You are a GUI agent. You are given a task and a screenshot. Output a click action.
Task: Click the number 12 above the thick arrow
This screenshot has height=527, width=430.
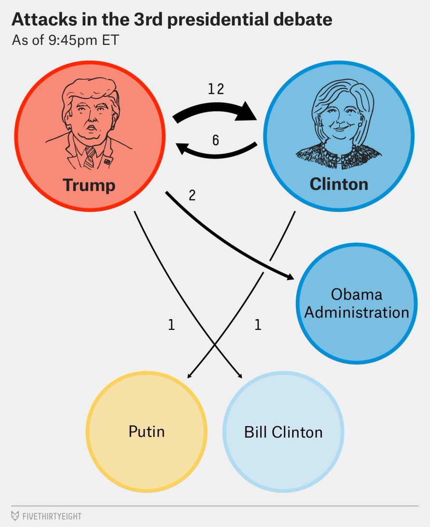coord(216,89)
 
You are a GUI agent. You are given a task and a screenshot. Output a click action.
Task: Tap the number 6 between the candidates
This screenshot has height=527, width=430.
coord(215,140)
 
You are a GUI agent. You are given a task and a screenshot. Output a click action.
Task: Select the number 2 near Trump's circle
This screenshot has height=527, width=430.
coord(192,195)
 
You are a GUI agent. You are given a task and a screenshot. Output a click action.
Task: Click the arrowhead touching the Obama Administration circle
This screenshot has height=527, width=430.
coord(290,277)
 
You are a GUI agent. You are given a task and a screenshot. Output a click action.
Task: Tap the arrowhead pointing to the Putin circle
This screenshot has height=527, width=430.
coord(189,375)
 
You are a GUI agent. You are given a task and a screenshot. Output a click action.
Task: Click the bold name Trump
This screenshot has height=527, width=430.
coord(89,185)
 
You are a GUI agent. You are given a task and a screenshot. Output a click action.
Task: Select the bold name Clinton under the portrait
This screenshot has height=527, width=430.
coord(339,184)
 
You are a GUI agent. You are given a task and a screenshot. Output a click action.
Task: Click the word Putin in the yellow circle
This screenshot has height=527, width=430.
coord(147,431)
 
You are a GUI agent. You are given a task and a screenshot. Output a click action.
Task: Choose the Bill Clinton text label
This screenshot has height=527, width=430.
coord(283,432)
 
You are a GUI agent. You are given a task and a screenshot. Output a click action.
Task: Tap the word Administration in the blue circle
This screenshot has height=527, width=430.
coord(357,312)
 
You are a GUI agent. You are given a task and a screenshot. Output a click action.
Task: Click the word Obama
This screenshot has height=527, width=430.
coord(357,294)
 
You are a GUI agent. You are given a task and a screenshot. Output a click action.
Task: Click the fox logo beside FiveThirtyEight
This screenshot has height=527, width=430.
coord(15,516)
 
